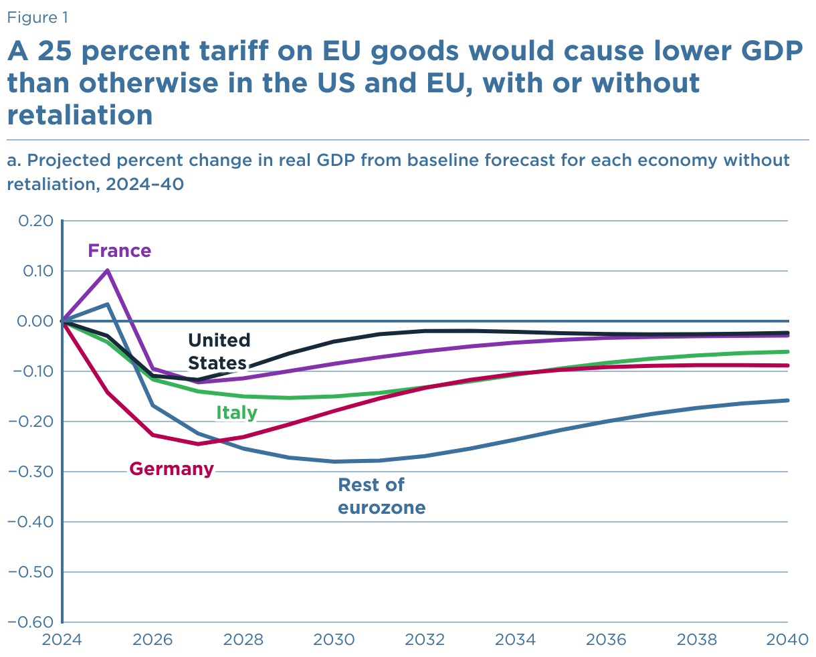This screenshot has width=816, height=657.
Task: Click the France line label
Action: pos(120,251)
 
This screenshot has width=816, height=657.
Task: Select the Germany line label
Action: pos(172,469)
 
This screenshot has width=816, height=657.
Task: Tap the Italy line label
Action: pos(237,413)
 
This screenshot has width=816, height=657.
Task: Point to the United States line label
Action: pos(219,351)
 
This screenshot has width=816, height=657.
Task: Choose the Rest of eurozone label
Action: pos(381,496)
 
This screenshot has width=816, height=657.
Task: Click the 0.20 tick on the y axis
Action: pos(32,221)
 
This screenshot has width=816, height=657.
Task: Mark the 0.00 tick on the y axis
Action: pos(32,321)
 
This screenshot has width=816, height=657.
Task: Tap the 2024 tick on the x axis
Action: pos(62,640)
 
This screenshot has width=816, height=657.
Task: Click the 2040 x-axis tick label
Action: pos(787,640)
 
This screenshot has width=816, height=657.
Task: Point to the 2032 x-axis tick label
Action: pos(425,640)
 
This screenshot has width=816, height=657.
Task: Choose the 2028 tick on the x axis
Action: pos(243,640)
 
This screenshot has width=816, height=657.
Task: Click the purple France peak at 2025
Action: pos(108,270)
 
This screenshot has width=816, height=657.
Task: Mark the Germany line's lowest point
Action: pos(198,444)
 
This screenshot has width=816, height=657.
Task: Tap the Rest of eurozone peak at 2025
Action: pos(108,304)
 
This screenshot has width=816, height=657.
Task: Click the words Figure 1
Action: pos(37,17)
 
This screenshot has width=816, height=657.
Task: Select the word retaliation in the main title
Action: pos(80,115)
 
